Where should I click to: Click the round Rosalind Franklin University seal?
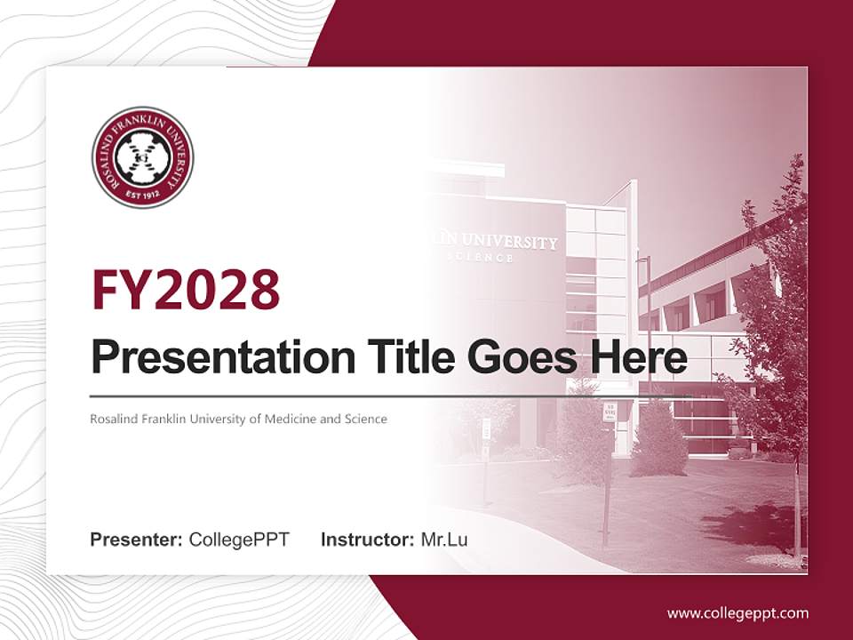coord(142,158)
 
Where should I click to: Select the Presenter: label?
coord(137,540)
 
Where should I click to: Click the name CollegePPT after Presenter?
coord(239,540)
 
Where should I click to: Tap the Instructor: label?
coord(367,540)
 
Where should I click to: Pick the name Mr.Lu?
coord(444,540)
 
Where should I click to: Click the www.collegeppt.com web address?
coord(737,613)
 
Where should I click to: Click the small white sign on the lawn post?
coord(610,411)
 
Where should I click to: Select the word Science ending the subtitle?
coord(366,419)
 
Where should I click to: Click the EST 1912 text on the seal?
coord(142,192)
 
